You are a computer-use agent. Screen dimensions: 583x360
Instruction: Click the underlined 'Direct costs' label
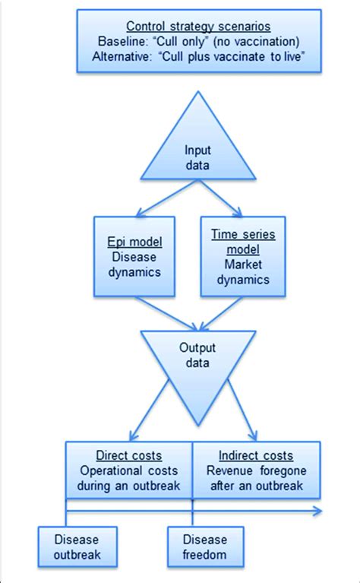[128, 456]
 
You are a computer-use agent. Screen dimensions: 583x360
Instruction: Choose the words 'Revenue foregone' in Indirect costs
[255, 471]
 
